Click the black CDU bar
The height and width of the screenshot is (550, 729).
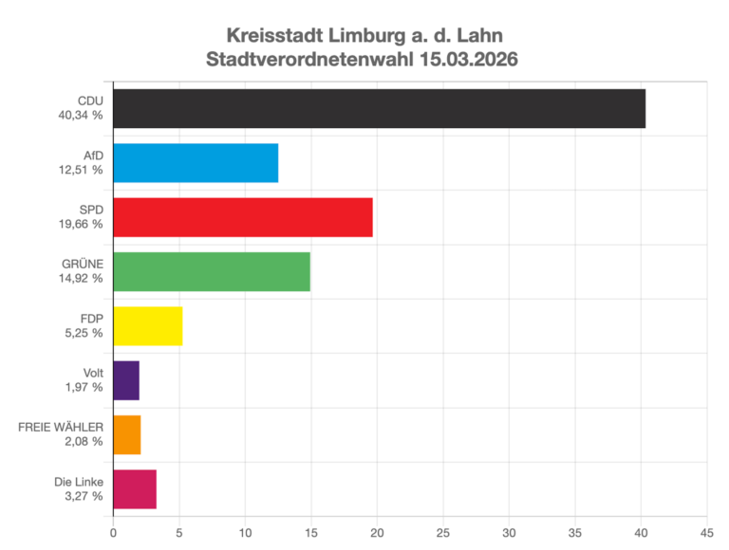point(379,108)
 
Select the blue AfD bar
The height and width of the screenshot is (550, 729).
point(196,163)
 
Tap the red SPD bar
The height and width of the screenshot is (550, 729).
point(242,217)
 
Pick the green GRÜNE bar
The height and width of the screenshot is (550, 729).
point(211,272)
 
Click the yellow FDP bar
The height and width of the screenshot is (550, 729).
point(147,326)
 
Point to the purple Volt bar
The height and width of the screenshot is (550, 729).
point(126,380)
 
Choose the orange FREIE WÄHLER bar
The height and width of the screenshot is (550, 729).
point(127,435)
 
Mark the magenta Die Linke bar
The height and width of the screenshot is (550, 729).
point(135,489)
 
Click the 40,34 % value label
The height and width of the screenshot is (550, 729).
point(80,116)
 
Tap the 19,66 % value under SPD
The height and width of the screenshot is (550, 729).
point(80,225)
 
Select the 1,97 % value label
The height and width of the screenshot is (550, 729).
point(84,388)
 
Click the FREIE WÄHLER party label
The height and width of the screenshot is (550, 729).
point(61,428)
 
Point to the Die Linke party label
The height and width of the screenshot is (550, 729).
point(79,482)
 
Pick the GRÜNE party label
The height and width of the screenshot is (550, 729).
point(83,265)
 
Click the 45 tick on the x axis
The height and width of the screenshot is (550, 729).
point(705,532)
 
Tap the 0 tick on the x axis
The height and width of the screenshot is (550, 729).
point(113,532)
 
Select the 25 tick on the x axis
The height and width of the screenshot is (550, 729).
point(442,532)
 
